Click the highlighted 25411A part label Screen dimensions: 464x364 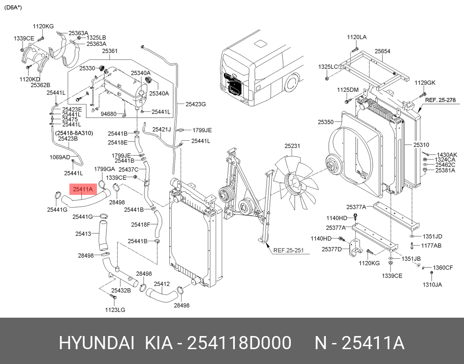pyautogui.click(x=83, y=189)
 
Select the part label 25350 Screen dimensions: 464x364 pyautogui.click(x=326, y=122)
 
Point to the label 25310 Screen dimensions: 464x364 pyautogui.click(x=421, y=145)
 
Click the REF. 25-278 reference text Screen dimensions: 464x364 pyautogui.click(x=440, y=100)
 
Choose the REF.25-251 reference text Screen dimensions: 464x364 pyautogui.click(x=289, y=250)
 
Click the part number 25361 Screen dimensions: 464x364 pyautogui.click(x=110, y=51)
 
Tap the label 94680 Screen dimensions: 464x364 pyautogui.click(x=108, y=114)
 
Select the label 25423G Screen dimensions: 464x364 pyautogui.click(x=196, y=104)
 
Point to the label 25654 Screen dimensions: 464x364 pyautogui.click(x=382, y=51)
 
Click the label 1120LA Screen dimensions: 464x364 pyautogui.click(x=357, y=37)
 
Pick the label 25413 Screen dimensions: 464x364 pyautogui.click(x=83, y=234)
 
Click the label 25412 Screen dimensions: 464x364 pyautogui.click(x=162, y=284)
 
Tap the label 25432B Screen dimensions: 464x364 pyautogui.click(x=121, y=291)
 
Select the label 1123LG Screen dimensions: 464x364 pyautogui.click(x=115, y=310)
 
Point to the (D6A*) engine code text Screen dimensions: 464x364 pyautogui.click(x=13, y=7)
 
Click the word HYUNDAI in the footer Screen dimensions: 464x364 pyautogui.click(x=97, y=343)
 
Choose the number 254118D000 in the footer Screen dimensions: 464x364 pyautogui.click(x=240, y=343)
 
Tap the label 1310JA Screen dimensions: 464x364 pyautogui.click(x=432, y=284)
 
